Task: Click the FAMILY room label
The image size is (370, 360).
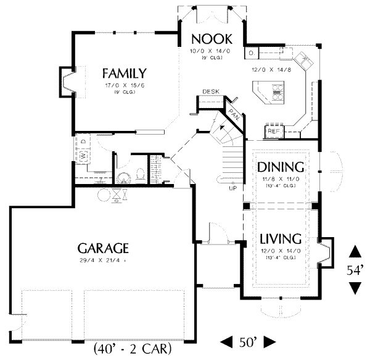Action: coord(124,72)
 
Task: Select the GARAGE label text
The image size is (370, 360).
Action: coord(103,248)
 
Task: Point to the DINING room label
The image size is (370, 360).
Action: coord(281,167)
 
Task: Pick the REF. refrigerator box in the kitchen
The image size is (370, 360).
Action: coord(273,131)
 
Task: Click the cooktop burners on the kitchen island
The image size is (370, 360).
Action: coord(278,94)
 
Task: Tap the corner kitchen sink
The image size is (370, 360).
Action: coord(305,61)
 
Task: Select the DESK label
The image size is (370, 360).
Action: coord(211,91)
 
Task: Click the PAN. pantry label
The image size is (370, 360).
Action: coord(234,113)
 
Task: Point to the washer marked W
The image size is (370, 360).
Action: coord(81,157)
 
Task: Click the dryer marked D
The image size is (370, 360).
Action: coord(83,141)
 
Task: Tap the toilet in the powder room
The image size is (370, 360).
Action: coord(141,174)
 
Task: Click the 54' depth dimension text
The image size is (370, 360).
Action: coord(355,270)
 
